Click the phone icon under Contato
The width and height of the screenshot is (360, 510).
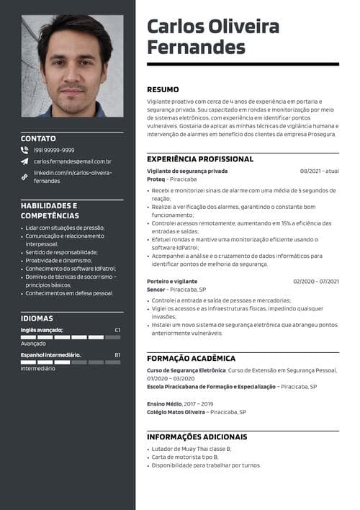pyautogui.click(x=24, y=150)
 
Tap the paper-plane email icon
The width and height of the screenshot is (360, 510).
pyautogui.click(x=24, y=162)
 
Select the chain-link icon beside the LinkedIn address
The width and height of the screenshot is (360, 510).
pyautogui.click(x=24, y=176)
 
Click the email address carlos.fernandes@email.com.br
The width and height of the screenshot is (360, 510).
pyautogui.click(x=72, y=162)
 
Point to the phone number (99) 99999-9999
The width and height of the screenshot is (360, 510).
pyautogui.click(x=54, y=150)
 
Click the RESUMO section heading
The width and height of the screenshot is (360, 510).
pyautogui.click(x=163, y=89)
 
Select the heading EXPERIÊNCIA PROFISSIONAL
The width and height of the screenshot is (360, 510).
pyautogui.click(x=200, y=158)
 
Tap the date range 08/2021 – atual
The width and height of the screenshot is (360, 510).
pyautogui.click(x=319, y=171)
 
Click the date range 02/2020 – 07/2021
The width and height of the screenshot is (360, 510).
pyautogui.click(x=315, y=281)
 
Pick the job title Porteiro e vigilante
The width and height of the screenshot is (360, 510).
pyautogui.click(x=172, y=281)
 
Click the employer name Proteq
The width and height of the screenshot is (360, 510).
pyautogui.click(x=156, y=179)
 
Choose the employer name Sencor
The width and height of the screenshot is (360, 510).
pyautogui.click(x=156, y=289)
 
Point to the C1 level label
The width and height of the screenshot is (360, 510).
pyautogui.click(x=117, y=330)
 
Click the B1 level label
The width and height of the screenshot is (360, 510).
pyautogui.click(x=117, y=354)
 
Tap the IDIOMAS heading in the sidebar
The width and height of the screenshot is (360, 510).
pyautogui.click(x=37, y=318)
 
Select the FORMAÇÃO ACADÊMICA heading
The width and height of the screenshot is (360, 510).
pyautogui.click(x=191, y=358)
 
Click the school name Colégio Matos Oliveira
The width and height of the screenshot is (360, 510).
pyautogui.click(x=176, y=412)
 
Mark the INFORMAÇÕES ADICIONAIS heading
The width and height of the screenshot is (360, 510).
pyautogui.click(x=197, y=437)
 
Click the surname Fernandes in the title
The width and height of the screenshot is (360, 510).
pyautogui.click(x=196, y=48)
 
